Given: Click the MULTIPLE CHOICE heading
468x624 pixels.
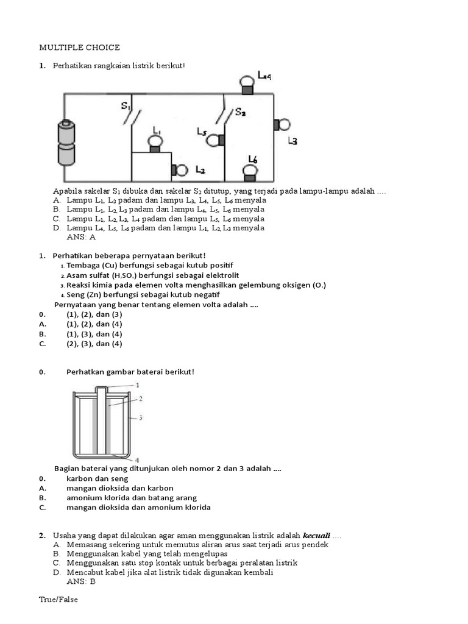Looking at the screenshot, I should (x=80, y=47).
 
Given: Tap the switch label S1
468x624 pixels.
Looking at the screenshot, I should (x=126, y=106).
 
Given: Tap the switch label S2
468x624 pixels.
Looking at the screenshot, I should (x=240, y=113).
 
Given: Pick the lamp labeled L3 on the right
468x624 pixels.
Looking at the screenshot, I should (x=282, y=125).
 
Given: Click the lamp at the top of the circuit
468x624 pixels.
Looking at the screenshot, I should (x=247, y=84).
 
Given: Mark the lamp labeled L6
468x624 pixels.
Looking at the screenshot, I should (x=250, y=172).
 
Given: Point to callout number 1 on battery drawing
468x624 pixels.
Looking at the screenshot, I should (x=137, y=385).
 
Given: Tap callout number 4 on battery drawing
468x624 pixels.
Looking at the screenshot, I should (x=136, y=459).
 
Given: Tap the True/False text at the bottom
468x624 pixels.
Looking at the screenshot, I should (x=58, y=600).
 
